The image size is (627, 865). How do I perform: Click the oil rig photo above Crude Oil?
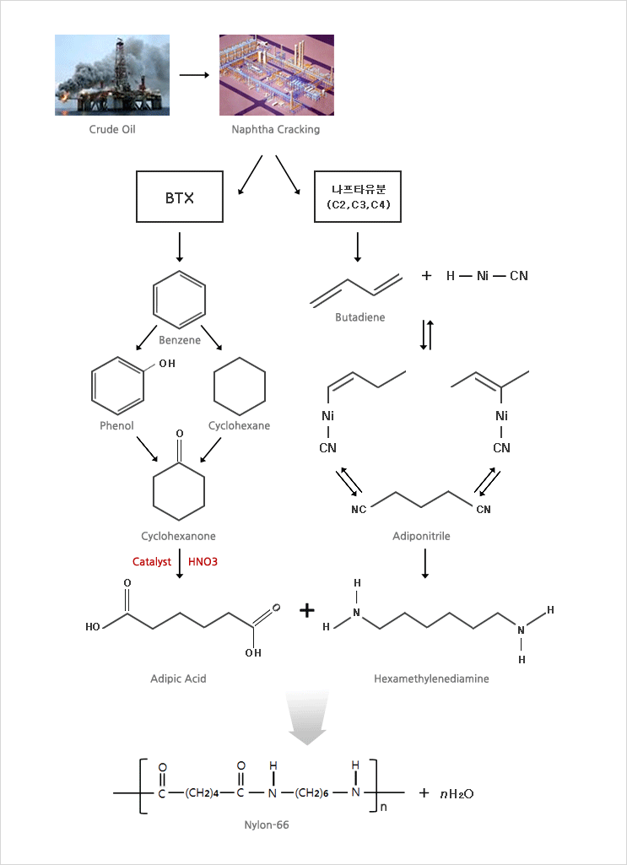(112, 75)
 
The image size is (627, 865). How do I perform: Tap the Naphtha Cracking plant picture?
(276, 75)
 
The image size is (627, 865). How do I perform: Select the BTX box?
(180, 197)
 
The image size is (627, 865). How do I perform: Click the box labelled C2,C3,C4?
(357, 197)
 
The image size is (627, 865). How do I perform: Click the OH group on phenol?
(166, 364)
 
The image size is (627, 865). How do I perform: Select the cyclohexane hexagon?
(240, 387)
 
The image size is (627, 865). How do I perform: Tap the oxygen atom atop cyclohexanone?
(179, 434)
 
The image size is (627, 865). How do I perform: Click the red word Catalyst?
(152, 562)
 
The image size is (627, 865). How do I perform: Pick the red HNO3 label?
(203, 562)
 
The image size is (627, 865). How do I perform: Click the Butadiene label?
(360, 317)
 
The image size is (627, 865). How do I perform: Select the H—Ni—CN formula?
(487, 276)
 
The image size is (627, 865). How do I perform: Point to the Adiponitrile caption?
(421, 536)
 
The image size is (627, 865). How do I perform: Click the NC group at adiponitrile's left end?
(359, 509)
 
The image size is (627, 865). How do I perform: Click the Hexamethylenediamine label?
(431, 678)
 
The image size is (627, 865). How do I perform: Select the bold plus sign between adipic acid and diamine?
(306, 610)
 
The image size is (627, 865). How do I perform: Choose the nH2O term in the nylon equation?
(457, 793)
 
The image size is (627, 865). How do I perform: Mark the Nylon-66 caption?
(267, 825)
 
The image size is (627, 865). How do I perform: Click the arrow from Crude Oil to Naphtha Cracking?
(194, 74)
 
